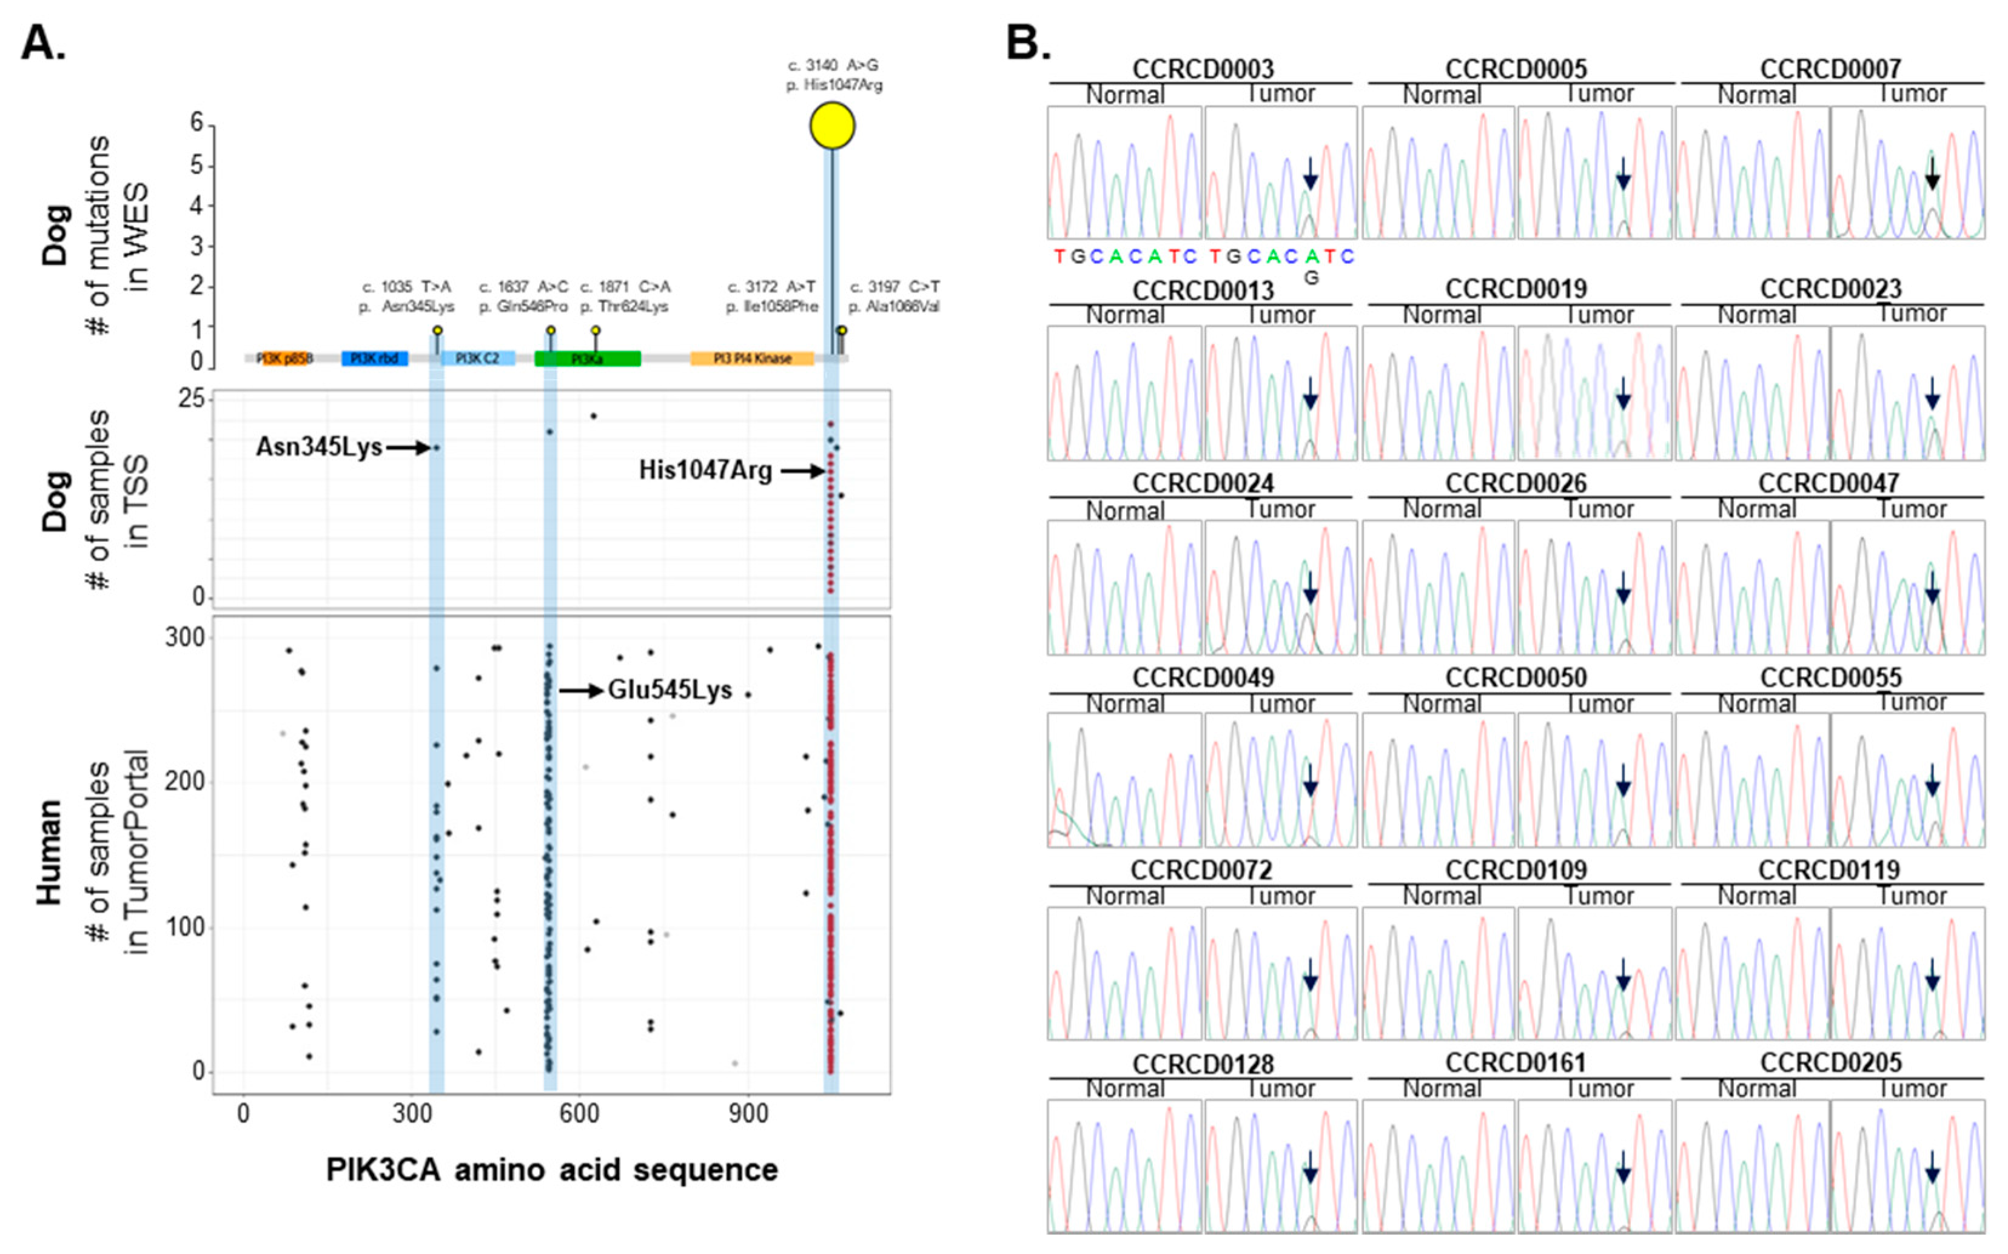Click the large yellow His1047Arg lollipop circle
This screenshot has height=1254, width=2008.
[832, 126]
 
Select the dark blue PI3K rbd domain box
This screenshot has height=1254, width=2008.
[374, 358]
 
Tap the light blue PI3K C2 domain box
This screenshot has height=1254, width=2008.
[478, 358]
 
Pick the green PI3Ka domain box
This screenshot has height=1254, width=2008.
[587, 358]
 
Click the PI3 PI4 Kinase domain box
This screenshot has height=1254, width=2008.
[751, 358]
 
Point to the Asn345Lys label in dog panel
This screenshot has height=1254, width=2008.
[318, 447]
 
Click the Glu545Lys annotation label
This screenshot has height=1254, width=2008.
[670, 690]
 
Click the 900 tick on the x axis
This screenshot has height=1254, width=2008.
[748, 1113]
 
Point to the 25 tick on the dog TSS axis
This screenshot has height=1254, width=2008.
[191, 399]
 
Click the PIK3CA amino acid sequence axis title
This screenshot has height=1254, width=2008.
[551, 1169]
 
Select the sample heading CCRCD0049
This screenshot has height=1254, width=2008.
[1203, 677]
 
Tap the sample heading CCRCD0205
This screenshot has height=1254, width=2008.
[1830, 1062]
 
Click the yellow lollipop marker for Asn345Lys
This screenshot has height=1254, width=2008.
[437, 330]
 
